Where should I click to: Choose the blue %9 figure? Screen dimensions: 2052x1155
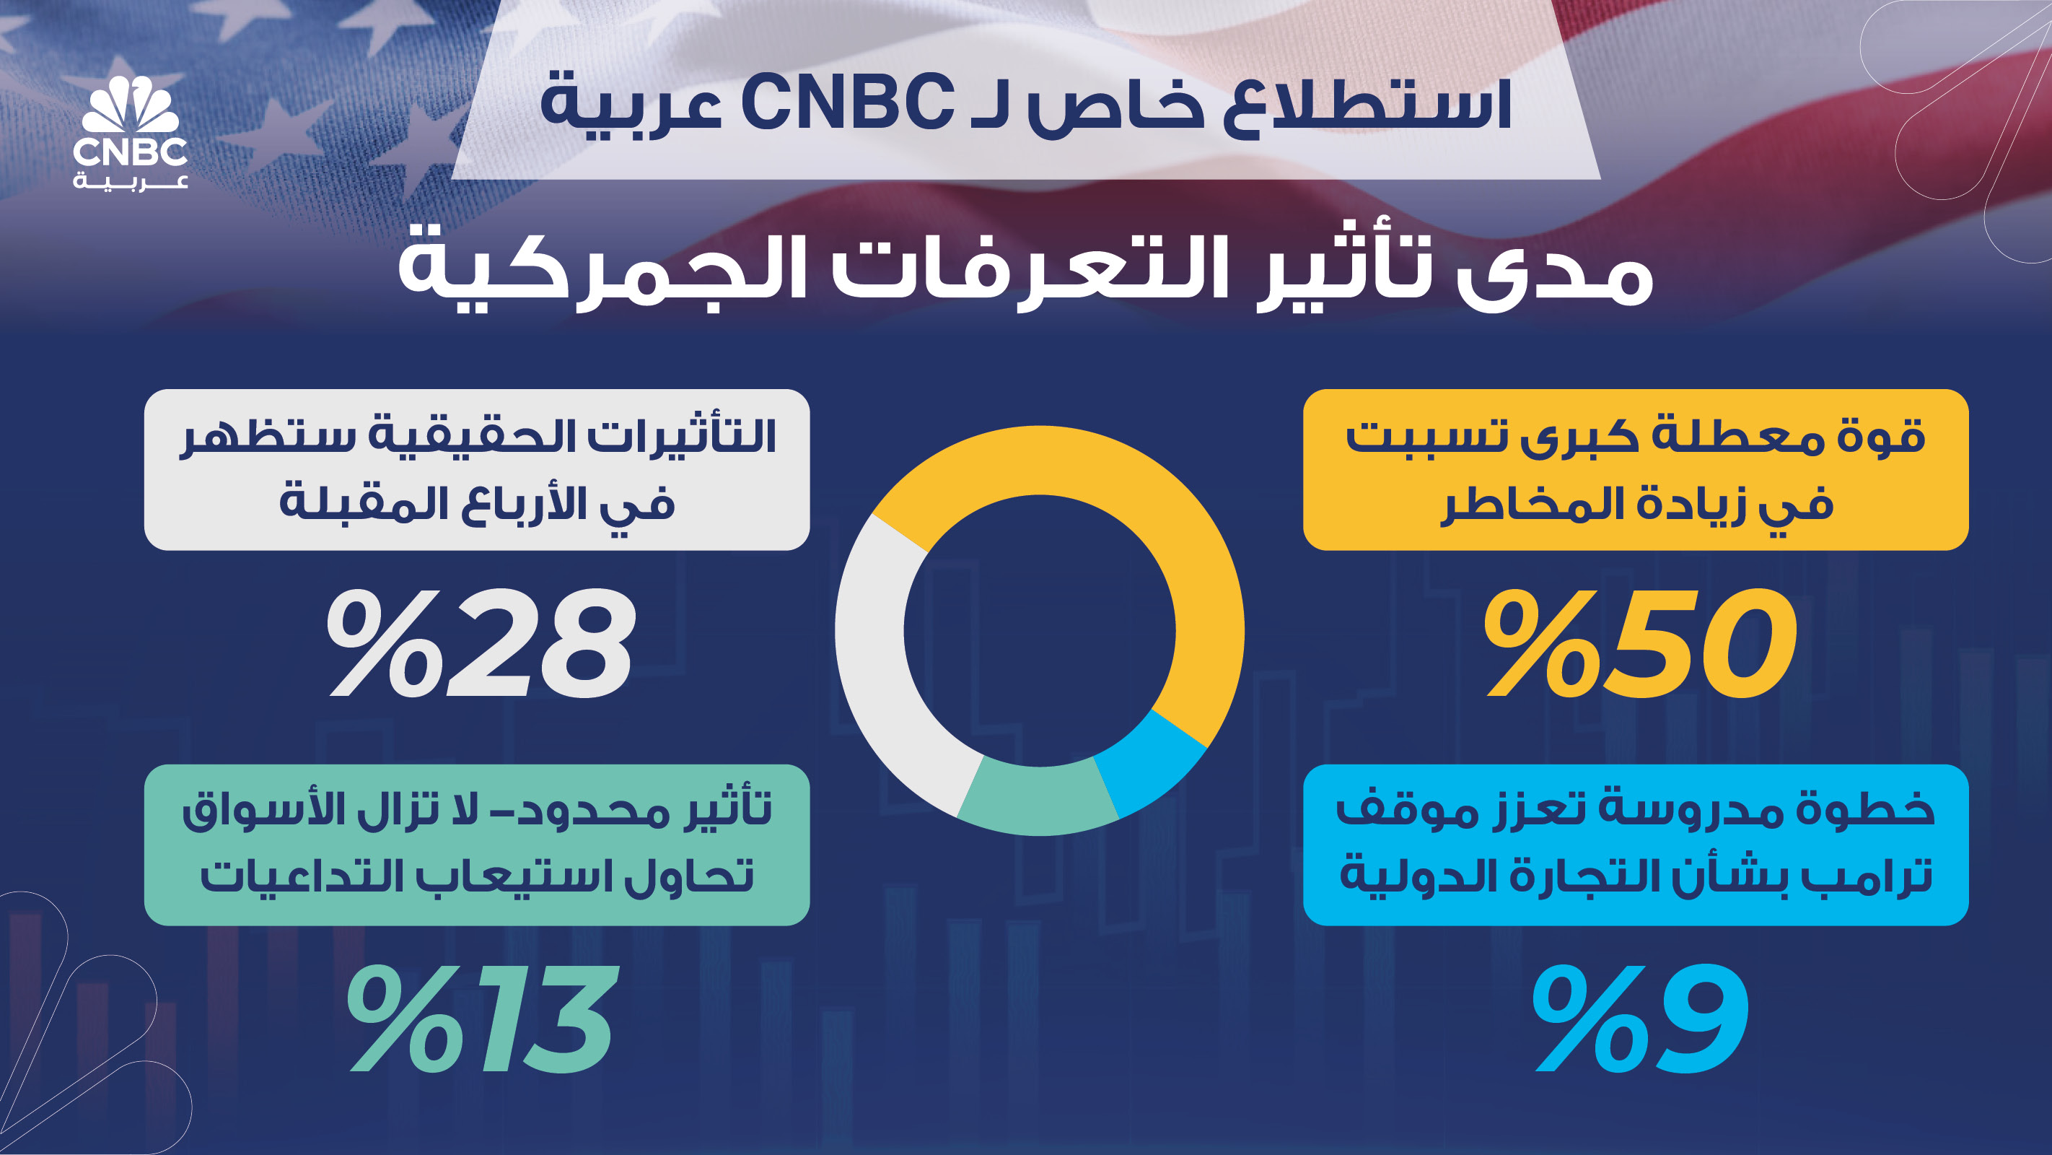(x=1640, y=1018)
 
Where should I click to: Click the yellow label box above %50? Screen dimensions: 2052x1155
(x=1636, y=469)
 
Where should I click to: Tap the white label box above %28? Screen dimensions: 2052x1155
(x=476, y=469)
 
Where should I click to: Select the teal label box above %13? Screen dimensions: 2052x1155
(x=476, y=845)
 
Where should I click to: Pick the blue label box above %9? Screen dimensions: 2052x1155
(x=1636, y=845)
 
